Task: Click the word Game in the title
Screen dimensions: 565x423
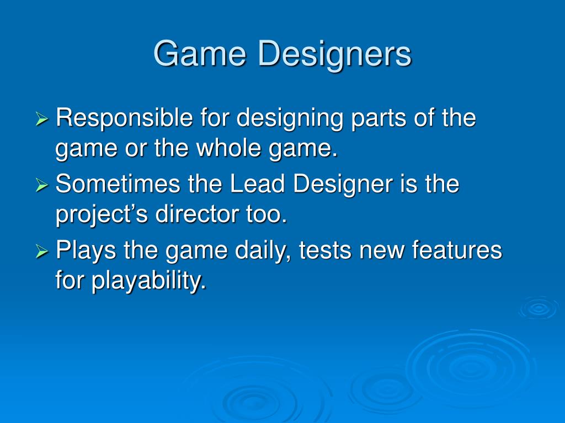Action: pyautogui.click(x=200, y=54)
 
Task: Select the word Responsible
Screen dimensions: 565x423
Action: pyautogui.click(x=124, y=118)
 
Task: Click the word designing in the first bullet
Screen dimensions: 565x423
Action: pyautogui.click(x=290, y=120)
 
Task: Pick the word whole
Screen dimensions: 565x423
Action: pyautogui.click(x=228, y=148)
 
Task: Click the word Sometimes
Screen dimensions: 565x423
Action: pyautogui.click(x=118, y=184)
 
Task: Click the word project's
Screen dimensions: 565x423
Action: pyautogui.click(x=102, y=215)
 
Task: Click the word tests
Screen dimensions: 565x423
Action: pyautogui.click(x=325, y=251)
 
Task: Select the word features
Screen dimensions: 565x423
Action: pyautogui.click(x=457, y=250)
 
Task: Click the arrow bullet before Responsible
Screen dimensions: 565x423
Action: pyautogui.click(x=42, y=119)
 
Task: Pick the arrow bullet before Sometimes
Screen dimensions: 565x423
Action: pyautogui.click(x=42, y=185)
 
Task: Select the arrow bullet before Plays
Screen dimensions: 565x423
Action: pyautogui.click(x=42, y=251)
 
